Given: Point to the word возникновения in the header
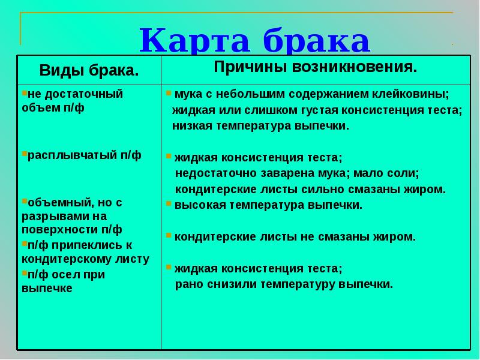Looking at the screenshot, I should coord(355,67).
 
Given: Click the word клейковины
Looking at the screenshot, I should coord(412,95).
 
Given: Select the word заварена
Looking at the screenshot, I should coord(274,173).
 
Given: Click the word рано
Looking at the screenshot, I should coord(187,284).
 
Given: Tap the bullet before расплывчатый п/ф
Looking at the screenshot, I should coord(24,154).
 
